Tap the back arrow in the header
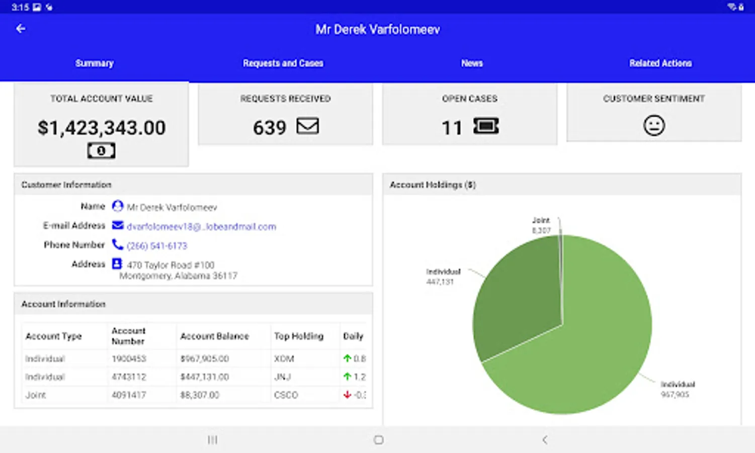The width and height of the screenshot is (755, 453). point(21,29)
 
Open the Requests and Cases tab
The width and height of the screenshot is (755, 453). point(283,63)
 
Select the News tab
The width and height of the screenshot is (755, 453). point(472,63)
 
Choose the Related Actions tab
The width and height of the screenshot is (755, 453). point(660,63)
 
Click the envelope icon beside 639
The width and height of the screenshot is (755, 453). point(307,126)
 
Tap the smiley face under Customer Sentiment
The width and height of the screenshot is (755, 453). point(654,125)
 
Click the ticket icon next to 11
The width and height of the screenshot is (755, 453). point(486,126)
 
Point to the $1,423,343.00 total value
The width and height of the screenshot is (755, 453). point(102,128)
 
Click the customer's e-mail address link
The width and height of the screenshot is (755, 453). point(201,226)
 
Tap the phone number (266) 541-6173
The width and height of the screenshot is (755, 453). point(157,246)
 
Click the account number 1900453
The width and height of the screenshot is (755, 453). point(129,358)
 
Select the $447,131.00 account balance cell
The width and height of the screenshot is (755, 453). point(205,376)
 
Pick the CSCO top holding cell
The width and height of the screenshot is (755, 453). point(286,395)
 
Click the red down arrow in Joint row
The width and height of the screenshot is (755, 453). point(347,395)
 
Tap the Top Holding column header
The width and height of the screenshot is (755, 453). point(298,336)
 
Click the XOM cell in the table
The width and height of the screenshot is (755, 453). point(284,358)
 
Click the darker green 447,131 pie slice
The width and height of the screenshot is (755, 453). point(518,297)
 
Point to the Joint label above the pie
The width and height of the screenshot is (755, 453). point(541,220)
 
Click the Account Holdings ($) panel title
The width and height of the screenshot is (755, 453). point(433,185)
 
